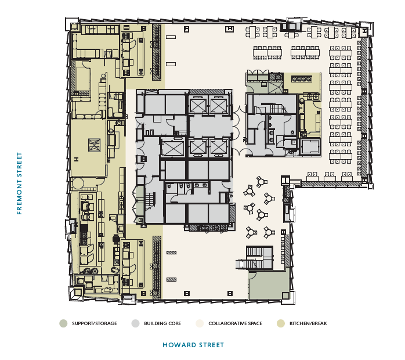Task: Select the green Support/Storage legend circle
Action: click(x=63, y=323)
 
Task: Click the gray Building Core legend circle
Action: click(x=135, y=323)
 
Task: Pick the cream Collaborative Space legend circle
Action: click(x=200, y=323)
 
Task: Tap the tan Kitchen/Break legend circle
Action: click(x=281, y=323)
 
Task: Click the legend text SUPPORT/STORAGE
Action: click(x=95, y=323)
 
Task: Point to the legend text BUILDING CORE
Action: click(x=162, y=323)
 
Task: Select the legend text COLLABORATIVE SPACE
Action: click(x=236, y=323)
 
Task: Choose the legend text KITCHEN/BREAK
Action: click(x=308, y=323)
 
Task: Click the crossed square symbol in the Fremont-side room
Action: click(x=94, y=145)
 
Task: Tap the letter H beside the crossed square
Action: click(x=76, y=160)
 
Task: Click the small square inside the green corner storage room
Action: click(x=285, y=296)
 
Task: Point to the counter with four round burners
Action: click(x=302, y=79)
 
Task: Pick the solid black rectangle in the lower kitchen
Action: click(x=84, y=228)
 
